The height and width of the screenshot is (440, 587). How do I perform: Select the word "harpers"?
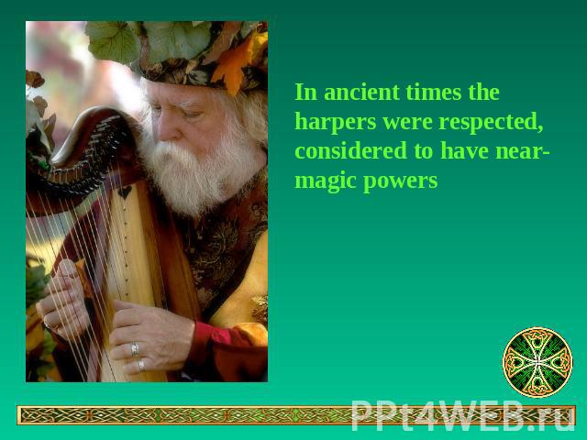(336, 123)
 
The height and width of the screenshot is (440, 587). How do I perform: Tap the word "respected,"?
(491, 123)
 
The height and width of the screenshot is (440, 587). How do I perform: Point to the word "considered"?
(350, 150)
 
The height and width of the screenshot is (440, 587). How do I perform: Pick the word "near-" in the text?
(522, 151)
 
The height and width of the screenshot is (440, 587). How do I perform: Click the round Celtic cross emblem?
(537, 362)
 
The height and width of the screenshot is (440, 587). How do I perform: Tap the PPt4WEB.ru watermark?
(463, 415)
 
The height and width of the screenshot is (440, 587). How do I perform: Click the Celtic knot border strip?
(295, 415)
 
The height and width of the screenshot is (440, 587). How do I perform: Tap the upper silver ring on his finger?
(135, 348)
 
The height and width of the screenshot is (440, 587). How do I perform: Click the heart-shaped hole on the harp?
(125, 192)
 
